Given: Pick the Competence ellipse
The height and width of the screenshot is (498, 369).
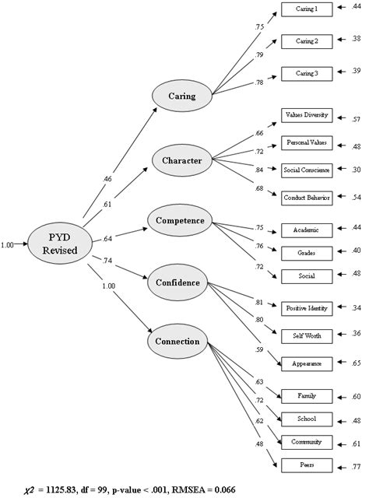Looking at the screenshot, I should coord(180,220).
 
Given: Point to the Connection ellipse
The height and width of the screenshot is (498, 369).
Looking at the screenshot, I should coord(179,341).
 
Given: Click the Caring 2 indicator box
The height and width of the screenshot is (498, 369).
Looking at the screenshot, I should coord(307,39).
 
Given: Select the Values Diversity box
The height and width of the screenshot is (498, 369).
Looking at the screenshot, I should coord(307,116).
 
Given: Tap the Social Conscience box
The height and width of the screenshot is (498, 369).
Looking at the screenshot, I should coord(307,170).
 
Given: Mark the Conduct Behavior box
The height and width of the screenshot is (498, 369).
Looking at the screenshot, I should coord(307,198).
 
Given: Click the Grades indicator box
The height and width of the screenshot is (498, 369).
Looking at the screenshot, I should coord(307,251).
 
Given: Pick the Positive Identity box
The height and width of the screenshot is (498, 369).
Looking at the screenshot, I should coord(307,308).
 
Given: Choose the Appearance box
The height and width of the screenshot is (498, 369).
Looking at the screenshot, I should coord(307,363).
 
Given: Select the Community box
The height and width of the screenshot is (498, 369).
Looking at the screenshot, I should coord(307,442).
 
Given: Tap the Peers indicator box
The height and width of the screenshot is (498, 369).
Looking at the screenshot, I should coord(307,465).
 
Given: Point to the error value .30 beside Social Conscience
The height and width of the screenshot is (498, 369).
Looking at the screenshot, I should coord(357,170).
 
